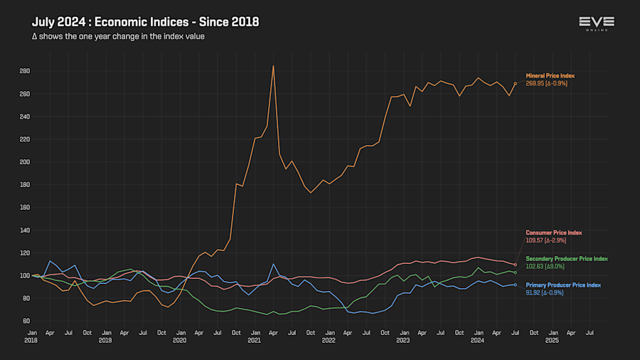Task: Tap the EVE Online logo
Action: click(597, 23)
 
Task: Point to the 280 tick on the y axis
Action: click(24, 71)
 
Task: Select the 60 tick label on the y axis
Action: click(26, 321)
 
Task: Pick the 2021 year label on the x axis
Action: click(254, 341)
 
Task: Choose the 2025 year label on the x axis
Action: click(552, 341)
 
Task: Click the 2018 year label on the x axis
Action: click(32, 341)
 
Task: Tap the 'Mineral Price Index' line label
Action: click(550, 75)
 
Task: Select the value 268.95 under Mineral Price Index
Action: click(536, 83)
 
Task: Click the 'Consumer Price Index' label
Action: click(554, 233)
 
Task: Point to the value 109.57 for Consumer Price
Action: click(536, 240)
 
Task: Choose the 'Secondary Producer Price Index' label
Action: click(567, 258)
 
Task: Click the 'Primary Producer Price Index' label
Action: click(563, 285)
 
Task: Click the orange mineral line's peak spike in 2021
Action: click(273, 66)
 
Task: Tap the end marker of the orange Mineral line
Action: click(515, 83)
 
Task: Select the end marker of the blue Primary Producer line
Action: click(515, 285)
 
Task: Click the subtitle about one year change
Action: click(118, 36)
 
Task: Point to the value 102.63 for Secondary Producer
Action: click(536, 266)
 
